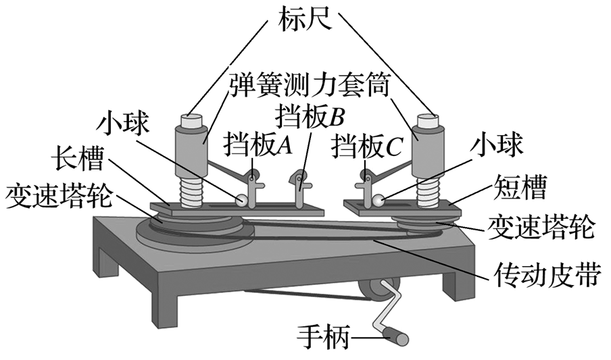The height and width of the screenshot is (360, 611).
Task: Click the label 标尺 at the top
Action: [x=305, y=18]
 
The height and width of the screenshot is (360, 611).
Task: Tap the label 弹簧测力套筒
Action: [x=308, y=85]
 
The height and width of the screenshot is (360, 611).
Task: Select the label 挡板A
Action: [x=258, y=146]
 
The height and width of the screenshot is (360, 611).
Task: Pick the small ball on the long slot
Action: [x=242, y=201]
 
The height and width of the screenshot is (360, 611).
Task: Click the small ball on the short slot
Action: [x=378, y=200]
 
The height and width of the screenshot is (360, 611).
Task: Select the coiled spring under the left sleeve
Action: [x=192, y=191]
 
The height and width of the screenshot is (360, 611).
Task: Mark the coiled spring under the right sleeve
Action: [x=429, y=190]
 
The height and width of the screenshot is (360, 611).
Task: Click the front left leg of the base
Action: [x=164, y=311]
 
